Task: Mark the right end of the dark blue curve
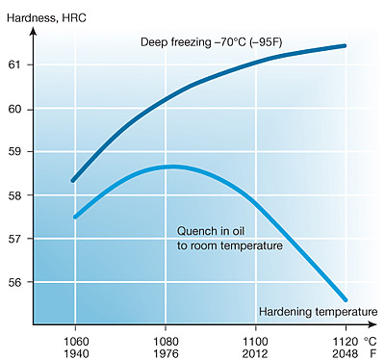coord(344,45)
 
